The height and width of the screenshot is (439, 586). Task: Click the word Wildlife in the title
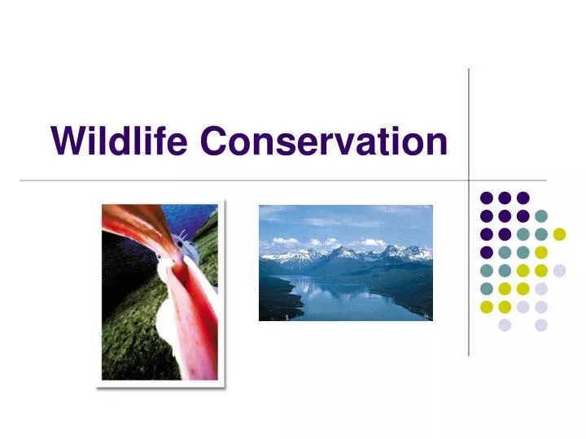pyautogui.click(x=120, y=141)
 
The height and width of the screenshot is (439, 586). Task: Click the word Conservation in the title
pyautogui.click(x=324, y=141)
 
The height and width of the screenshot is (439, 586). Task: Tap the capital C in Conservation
pyautogui.click(x=214, y=141)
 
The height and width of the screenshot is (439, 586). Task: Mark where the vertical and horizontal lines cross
pyautogui.click(x=469, y=180)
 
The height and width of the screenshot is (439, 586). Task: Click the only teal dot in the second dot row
pyautogui.click(x=541, y=215)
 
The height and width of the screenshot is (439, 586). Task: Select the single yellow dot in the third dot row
pyautogui.click(x=559, y=234)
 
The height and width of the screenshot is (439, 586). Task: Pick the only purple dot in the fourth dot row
pyautogui.click(x=486, y=252)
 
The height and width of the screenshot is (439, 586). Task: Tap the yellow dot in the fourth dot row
pyautogui.click(x=541, y=252)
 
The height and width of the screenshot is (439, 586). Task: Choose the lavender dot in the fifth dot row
pyautogui.click(x=559, y=271)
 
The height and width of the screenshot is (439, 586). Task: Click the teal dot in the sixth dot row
pyautogui.click(x=486, y=289)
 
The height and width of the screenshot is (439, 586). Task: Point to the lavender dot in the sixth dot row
pyautogui.click(x=541, y=289)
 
